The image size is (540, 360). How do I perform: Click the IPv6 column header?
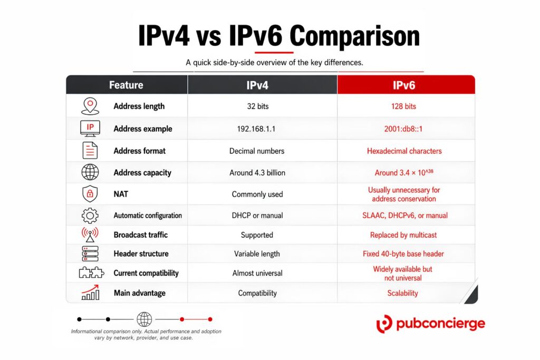coord(403,85)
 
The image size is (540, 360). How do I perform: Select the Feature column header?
coord(126,85)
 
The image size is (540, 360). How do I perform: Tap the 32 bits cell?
coord(257,106)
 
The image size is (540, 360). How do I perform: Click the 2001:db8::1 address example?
coord(403,129)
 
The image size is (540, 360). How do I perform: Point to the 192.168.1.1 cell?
coord(256,129)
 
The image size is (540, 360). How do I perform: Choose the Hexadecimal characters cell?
coord(404,151)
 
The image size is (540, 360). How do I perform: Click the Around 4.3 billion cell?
coord(257,173)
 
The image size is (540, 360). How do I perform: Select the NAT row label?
coord(121,194)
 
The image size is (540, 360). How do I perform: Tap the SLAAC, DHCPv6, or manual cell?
coord(405,216)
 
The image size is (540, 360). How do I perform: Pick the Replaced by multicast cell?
coord(403,235)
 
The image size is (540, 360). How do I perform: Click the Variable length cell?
coord(257,254)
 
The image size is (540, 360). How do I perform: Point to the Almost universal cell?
coord(257,273)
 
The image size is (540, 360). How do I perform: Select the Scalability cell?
coord(402,293)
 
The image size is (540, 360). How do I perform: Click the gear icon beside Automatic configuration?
coord(90,216)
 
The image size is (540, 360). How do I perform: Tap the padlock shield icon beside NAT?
coord(90,194)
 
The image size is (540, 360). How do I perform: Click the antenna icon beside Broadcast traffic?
coord(90,235)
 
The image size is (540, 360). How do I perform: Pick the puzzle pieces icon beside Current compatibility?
coord(91,273)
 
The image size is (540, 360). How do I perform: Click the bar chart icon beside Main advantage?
coord(90,293)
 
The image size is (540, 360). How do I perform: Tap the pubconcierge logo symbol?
coord(384,324)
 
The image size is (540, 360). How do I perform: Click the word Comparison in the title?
coord(355,36)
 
